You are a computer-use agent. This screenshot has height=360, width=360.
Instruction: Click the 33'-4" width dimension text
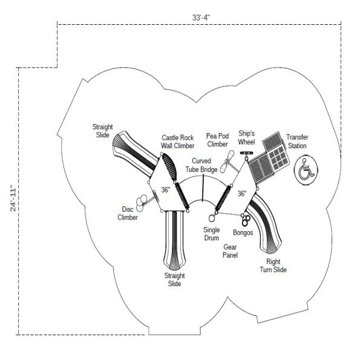201,18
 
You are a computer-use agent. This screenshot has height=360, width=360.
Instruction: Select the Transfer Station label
296,142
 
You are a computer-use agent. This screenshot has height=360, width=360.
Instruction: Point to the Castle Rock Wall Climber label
177,142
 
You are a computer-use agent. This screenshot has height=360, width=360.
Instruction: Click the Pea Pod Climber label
217,140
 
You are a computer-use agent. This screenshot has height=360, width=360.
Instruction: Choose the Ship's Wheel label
246,137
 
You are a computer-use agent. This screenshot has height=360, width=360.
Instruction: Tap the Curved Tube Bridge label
201,165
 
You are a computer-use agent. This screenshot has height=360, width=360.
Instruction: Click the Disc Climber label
128,214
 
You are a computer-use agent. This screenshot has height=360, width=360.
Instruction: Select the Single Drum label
212,234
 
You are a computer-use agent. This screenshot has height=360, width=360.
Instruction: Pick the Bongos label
243,232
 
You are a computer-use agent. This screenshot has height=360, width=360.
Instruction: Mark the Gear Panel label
231,251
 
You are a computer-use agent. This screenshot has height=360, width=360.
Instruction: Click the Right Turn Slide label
273,266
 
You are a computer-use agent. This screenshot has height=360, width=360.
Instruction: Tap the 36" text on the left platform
165,189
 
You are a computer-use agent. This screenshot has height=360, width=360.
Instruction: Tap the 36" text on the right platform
242,194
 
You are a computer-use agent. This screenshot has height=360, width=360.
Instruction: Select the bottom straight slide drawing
174,239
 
